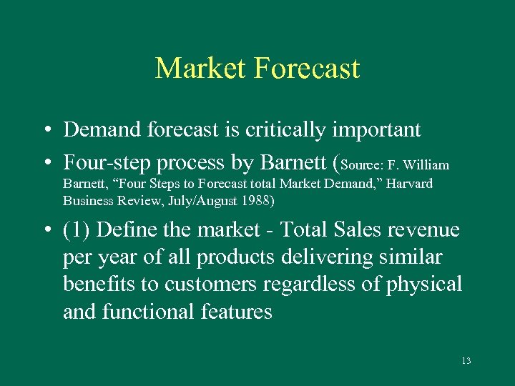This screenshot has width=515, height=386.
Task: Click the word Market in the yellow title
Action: tap(200, 69)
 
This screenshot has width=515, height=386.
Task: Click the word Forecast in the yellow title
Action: tap(307, 69)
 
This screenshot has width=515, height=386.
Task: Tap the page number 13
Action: tap(466, 361)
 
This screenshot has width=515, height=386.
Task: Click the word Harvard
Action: tap(407, 184)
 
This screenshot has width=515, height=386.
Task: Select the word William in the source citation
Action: tap(426, 165)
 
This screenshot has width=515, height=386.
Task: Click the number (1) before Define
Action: tap(76, 230)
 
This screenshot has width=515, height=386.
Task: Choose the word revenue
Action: tap(423, 230)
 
